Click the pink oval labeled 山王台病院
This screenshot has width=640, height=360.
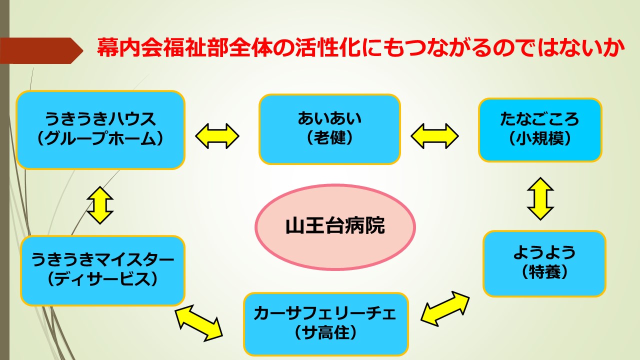pyautogui.click(x=335, y=227)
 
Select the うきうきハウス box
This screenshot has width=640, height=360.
pyautogui.click(x=100, y=130)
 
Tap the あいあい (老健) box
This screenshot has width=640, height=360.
pyautogui.click(x=329, y=129)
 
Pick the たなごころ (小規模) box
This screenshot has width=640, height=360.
pyautogui.click(x=540, y=130)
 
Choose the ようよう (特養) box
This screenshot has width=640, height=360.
pyautogui.click(x=544, y=263)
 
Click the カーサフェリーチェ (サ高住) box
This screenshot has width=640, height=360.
pyautogui.click(x=325, y=324)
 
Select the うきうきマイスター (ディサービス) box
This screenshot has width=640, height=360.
pyautogui.click(x=102, y=270)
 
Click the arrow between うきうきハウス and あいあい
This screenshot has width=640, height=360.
pyautogui.click(x=217, y=136)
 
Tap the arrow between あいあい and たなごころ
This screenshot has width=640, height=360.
pyautogui.click(x=434, y=136)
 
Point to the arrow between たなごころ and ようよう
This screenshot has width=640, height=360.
pyautogui.click(x=540, y=199)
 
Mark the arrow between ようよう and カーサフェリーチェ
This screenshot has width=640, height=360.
pyautogui.click(x=445, y=309)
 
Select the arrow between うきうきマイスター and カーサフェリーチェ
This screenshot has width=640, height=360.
pyautogui.click(x=199, y=323)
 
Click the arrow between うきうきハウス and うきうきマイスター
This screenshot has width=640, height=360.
pyautogui.click(x=100, y=205)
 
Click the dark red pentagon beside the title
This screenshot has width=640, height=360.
pyautogui.click(x=41, y=50)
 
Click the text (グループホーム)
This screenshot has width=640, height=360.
pyautogui.click(x=100, y=139)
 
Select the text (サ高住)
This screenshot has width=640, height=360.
pyautogui.click(x=325, y=333)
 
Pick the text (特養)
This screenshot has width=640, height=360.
pyautogui.click(x=544, y=272)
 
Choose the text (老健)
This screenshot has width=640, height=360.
pyautogui.click(x=329, y=138)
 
